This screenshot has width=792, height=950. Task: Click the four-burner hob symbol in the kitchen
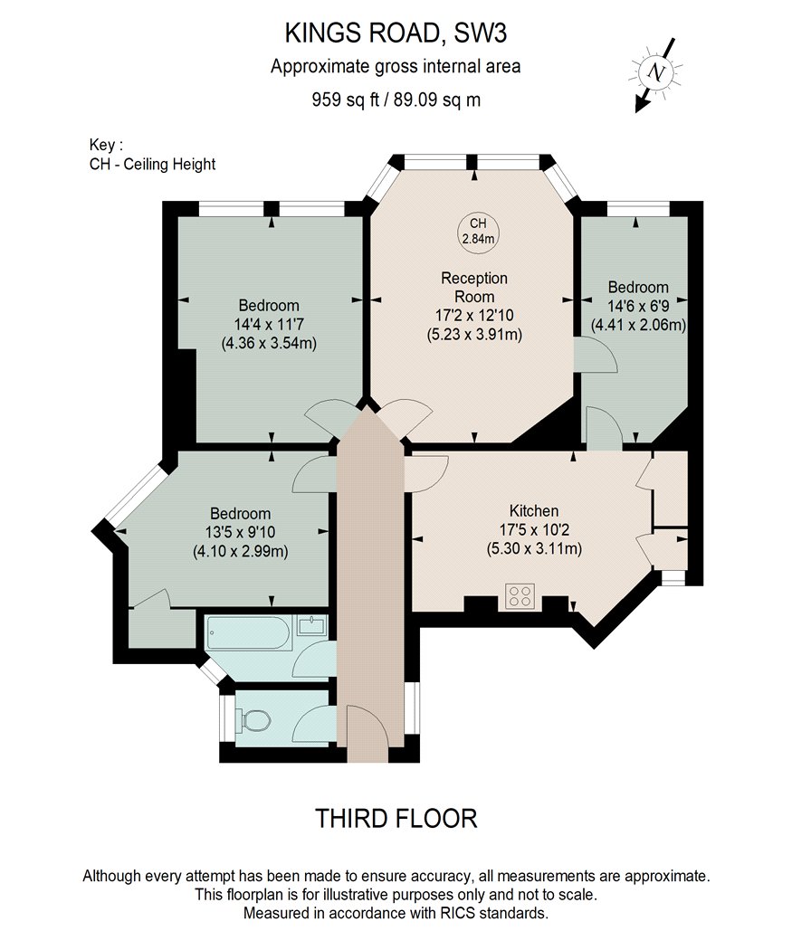[520, 595]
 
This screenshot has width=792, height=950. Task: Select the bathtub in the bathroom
[248, 634]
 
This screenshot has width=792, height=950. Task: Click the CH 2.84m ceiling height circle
[478, 232]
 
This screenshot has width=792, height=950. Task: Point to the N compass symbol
[655, 72]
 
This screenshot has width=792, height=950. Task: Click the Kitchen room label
[534, 511]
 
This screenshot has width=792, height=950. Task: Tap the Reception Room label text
[474, 287]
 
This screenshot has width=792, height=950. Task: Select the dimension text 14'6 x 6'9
[638, 306]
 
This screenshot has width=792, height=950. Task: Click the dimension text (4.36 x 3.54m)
[269, 343]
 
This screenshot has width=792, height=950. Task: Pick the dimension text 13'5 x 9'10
[240, 533]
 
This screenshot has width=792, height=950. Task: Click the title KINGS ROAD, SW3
[396, 33]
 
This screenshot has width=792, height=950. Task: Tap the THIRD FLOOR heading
[396, 819]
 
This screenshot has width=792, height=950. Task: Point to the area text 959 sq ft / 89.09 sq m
[396, 99]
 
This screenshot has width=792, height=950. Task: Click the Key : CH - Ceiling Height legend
[152, 155]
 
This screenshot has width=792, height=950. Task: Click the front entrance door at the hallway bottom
[367, 733]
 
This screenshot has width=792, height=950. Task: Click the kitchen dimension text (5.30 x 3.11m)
[534, 549]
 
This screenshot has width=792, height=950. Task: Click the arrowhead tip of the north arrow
[636, 112]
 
